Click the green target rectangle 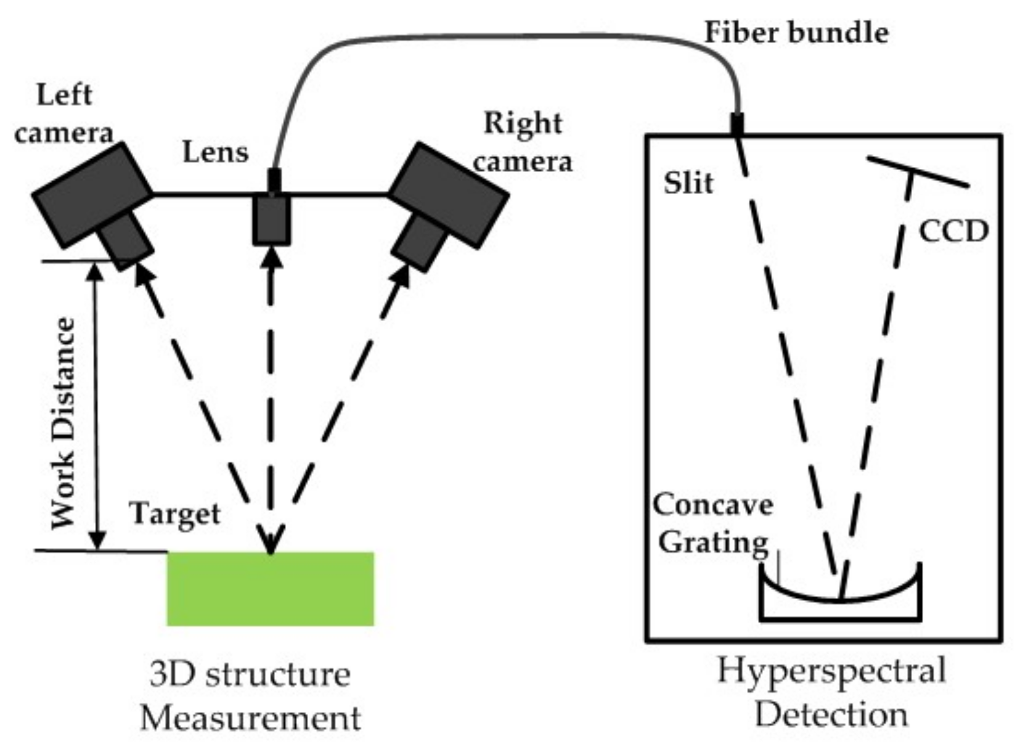point(270,589)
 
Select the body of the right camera point(449,194)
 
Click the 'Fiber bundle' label point(796,32)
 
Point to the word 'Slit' point(688,183)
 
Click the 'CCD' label point(953,231)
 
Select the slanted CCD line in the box point(918,171)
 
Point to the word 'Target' point(175,513)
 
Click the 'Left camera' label point(63,114)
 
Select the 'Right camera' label point(523,142)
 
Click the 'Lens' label point(216,152)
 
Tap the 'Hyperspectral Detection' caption point(831,692)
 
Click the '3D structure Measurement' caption point(250,695)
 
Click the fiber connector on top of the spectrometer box point(737,123)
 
